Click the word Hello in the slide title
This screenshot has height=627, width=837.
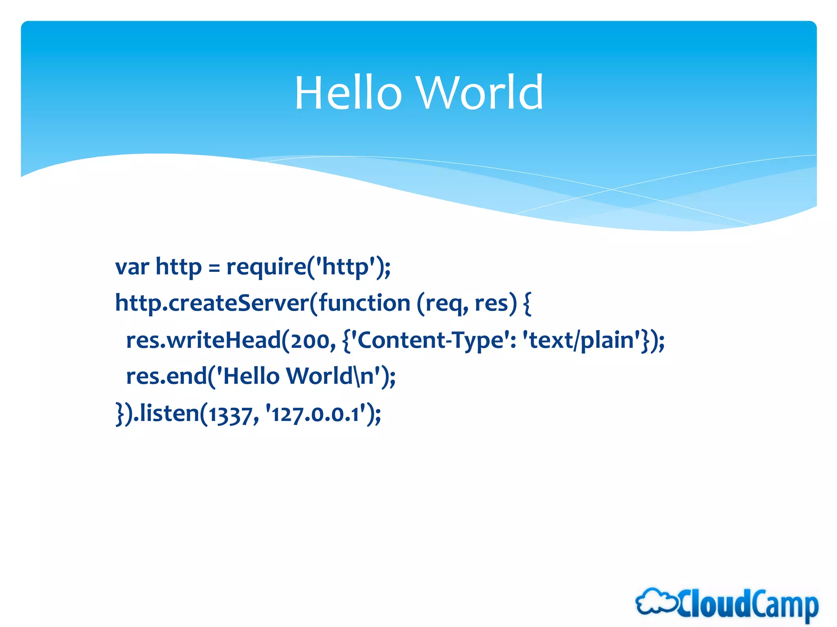point(348,93)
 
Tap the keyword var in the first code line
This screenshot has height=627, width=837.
point(132,267)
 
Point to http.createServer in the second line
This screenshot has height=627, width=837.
point(212,303)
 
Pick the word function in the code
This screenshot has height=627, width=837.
point(364,303)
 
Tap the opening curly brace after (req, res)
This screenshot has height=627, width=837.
point(527,305)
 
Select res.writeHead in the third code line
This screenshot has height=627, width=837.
point(204,340)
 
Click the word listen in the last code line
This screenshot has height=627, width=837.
point(169,413)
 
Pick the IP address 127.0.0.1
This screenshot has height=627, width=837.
point(315,414)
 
